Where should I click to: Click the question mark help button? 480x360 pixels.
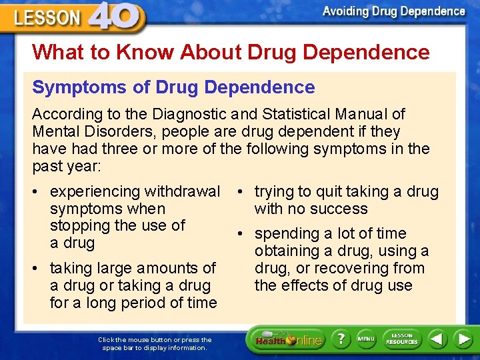[x=341, y=340]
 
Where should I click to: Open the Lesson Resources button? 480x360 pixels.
[x=401, y=339]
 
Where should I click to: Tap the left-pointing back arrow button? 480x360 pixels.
[x=437, y=339]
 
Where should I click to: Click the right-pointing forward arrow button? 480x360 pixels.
[x=463, y=339]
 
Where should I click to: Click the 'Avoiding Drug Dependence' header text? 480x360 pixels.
[x=393, y=11]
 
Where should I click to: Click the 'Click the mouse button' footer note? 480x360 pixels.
[x=155, y=343]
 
